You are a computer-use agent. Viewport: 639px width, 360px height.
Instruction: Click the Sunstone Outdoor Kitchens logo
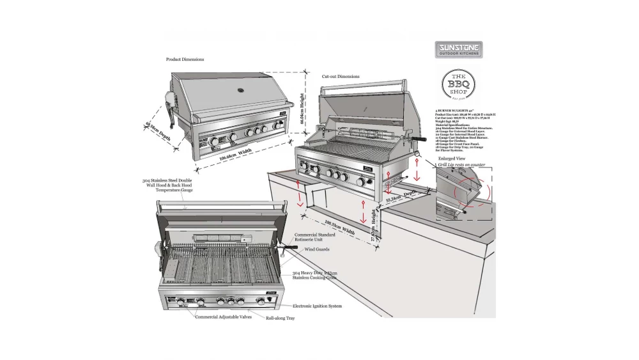tap(459, 50)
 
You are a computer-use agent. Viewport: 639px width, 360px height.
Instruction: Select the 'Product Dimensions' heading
tap(185, 59)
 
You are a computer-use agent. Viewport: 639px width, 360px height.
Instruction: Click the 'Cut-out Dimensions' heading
tap(340, 76)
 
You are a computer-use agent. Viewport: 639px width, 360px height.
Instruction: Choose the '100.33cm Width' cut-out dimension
tap(339, 226)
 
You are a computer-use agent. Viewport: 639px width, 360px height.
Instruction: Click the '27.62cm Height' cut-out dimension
tap(374, 224)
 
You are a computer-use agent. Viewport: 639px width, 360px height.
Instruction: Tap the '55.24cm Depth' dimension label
tap(401, 197)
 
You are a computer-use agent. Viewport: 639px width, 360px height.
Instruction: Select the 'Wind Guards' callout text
tap(317, 249)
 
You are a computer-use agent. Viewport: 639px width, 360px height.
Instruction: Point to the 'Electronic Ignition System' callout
tap(317, 306)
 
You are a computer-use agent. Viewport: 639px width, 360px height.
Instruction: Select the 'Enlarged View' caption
tap(451, 157)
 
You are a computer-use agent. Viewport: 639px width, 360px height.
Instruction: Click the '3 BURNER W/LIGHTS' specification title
tap(456, 111)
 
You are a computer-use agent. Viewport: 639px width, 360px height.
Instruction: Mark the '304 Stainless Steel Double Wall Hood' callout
tap(167, 185)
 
